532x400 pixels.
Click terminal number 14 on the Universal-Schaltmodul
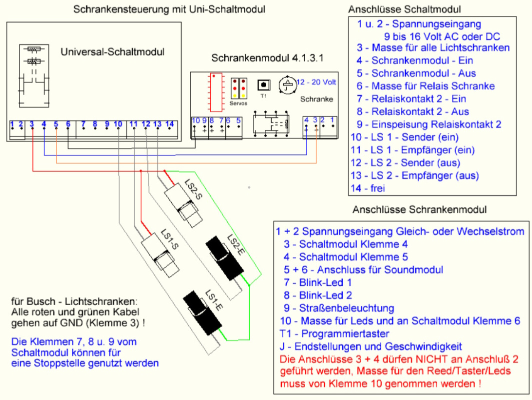[x=170, y=124]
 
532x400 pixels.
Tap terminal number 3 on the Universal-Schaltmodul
[x=32, y=124]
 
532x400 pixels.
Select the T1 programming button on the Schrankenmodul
[x=264, y=85]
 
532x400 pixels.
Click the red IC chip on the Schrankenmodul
[x=216, y=92]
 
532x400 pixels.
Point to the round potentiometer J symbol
[x=287, y=85]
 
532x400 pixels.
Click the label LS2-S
[x=193, y=189]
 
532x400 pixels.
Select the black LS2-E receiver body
[x=225, y=258]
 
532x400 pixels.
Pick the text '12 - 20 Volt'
[x=316, y=82]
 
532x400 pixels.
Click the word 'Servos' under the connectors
[x=238, y=103]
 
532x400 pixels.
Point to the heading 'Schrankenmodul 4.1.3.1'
[x=267, y=58]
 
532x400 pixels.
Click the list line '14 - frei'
[x=368, y=188]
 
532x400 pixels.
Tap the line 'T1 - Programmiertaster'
[x=334, y=333]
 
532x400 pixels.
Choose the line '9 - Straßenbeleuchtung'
[x=339, y=308]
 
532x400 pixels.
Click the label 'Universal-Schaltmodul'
[x=112, y=52]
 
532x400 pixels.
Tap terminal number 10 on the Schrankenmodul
[x=196, y=120]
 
